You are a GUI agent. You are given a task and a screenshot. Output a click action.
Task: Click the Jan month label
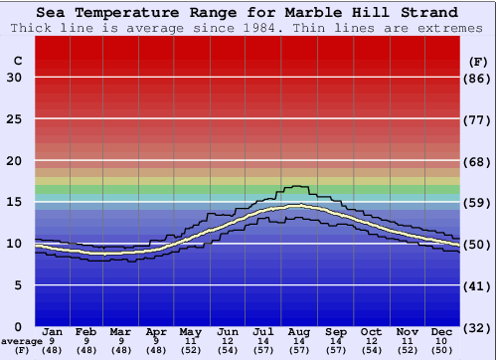coord(54,332)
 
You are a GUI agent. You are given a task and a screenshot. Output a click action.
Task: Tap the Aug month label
coord(299,332)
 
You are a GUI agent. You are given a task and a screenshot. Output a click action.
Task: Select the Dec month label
coord(442,332)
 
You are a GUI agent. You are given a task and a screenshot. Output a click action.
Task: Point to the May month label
coord(190,332)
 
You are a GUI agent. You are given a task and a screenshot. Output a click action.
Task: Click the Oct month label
coord(371,332)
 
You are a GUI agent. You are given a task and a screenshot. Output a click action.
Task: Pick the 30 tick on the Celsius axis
coord(14,78)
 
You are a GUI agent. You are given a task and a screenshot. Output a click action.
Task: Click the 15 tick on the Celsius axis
coord(14,202)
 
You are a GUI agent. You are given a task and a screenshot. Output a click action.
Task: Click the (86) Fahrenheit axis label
coord(478,78)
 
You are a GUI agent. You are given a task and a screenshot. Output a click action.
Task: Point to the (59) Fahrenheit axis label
coord(478,202)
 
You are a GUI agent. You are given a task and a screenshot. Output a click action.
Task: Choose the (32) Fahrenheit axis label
coord(478,327)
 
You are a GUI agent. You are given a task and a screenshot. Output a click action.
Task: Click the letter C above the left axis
coord(17,61)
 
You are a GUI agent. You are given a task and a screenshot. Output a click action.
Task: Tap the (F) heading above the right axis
coord(477,61)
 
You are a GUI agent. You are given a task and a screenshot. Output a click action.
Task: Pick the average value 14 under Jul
coord(263,341)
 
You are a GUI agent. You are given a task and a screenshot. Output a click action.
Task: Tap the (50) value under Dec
coord(442,350)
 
